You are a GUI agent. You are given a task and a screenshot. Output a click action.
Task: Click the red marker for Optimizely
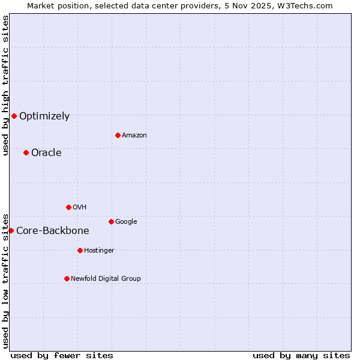[x=14, y=116]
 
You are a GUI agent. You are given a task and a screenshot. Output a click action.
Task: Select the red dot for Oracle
[x=26, y=152]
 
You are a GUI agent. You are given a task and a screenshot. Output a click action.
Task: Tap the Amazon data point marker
[x=118, y=135]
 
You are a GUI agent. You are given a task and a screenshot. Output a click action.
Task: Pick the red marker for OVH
[x=68, y=207]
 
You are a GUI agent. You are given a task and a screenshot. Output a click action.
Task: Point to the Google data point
[x=111, y=221]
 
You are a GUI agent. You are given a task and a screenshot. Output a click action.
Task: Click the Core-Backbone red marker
[x=11, y=230]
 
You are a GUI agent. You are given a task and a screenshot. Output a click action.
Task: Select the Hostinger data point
[x=80, y=250]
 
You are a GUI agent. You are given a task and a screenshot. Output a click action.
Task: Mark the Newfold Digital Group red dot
[x=67, y=278]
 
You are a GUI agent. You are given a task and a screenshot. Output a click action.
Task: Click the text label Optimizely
[x=44, y=116]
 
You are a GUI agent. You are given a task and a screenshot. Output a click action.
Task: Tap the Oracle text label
[x=46, y=152]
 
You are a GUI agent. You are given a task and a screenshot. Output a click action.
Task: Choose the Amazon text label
[x=134, y=136]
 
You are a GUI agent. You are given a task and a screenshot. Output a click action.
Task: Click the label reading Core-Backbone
[x=53, y=231]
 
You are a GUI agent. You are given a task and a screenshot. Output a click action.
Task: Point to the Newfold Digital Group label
[x=106, y=278]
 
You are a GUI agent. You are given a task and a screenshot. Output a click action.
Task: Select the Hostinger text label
[x=99, y=251]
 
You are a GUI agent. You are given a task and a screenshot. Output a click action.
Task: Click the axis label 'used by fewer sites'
[x=62, y=355]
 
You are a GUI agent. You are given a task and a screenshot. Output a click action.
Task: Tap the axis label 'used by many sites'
[x=301, y=355]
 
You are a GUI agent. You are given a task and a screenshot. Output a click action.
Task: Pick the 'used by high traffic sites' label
[x=5, y=85]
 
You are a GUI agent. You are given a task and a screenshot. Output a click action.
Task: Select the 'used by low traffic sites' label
[x=5, y=280]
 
